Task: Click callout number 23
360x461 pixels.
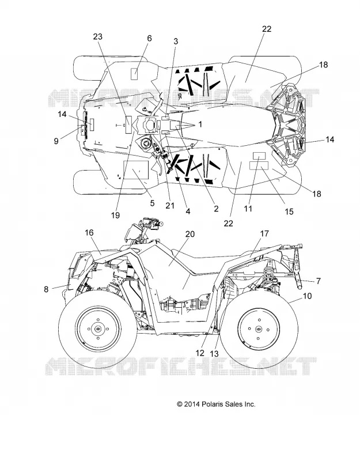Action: pyautogui.click(x=97, y=37)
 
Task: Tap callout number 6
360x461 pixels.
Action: pyautogui.click(x=149, y=38)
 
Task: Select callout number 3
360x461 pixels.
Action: pyautogui.click(x=176, y=41)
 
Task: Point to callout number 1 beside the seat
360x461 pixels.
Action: pyautogui.click(x=200, y=124)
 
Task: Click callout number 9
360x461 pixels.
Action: pyautogui.click(x=56, y=141)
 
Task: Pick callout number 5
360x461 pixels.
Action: pyautogui.click(x=152, y=203)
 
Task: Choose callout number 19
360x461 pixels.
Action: pyautogui.click(x=116, y=215)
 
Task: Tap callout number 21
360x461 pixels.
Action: pyautogui.click(x=170, y=206)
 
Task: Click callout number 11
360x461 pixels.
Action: pyautogui.click(x=248, y=209)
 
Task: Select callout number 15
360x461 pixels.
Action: pyautogui.click(x=289, y=211)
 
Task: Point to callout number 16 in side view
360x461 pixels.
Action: pyautogui.click(x=89, y=233)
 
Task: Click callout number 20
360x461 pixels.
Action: pyautogui.click(x=190, y=234)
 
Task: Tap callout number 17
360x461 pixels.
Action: pyautogui.click(x=264, y=233)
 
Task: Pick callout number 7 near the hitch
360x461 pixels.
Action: pyautogui.click(x=319, y=281)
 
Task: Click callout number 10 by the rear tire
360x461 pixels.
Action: pyautogui.click(x=307, y=296)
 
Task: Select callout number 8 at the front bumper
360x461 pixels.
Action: pyautogui.click(x=46, y=289)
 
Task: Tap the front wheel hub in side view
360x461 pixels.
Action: pyautogui.click(x=98, y=328)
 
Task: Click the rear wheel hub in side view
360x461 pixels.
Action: pyautogui.click(x=259, y=329)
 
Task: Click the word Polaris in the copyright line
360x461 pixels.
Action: pyautogui.click(x=211, y=405)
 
